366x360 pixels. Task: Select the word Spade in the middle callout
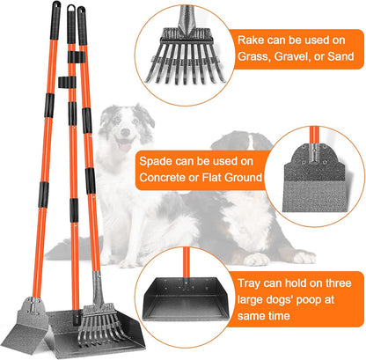click(x=155, y=160)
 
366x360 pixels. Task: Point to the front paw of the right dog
click(x=254, y=259)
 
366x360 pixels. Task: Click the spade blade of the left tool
click(x=29, y=329)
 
